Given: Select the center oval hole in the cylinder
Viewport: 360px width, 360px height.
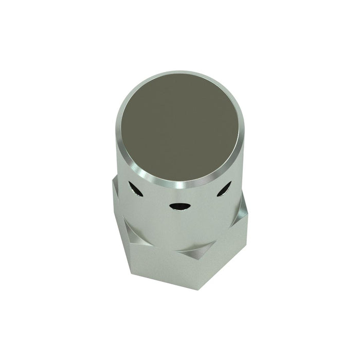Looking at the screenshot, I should (179, 206).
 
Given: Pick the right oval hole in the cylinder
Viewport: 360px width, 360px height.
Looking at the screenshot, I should (224, 190).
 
